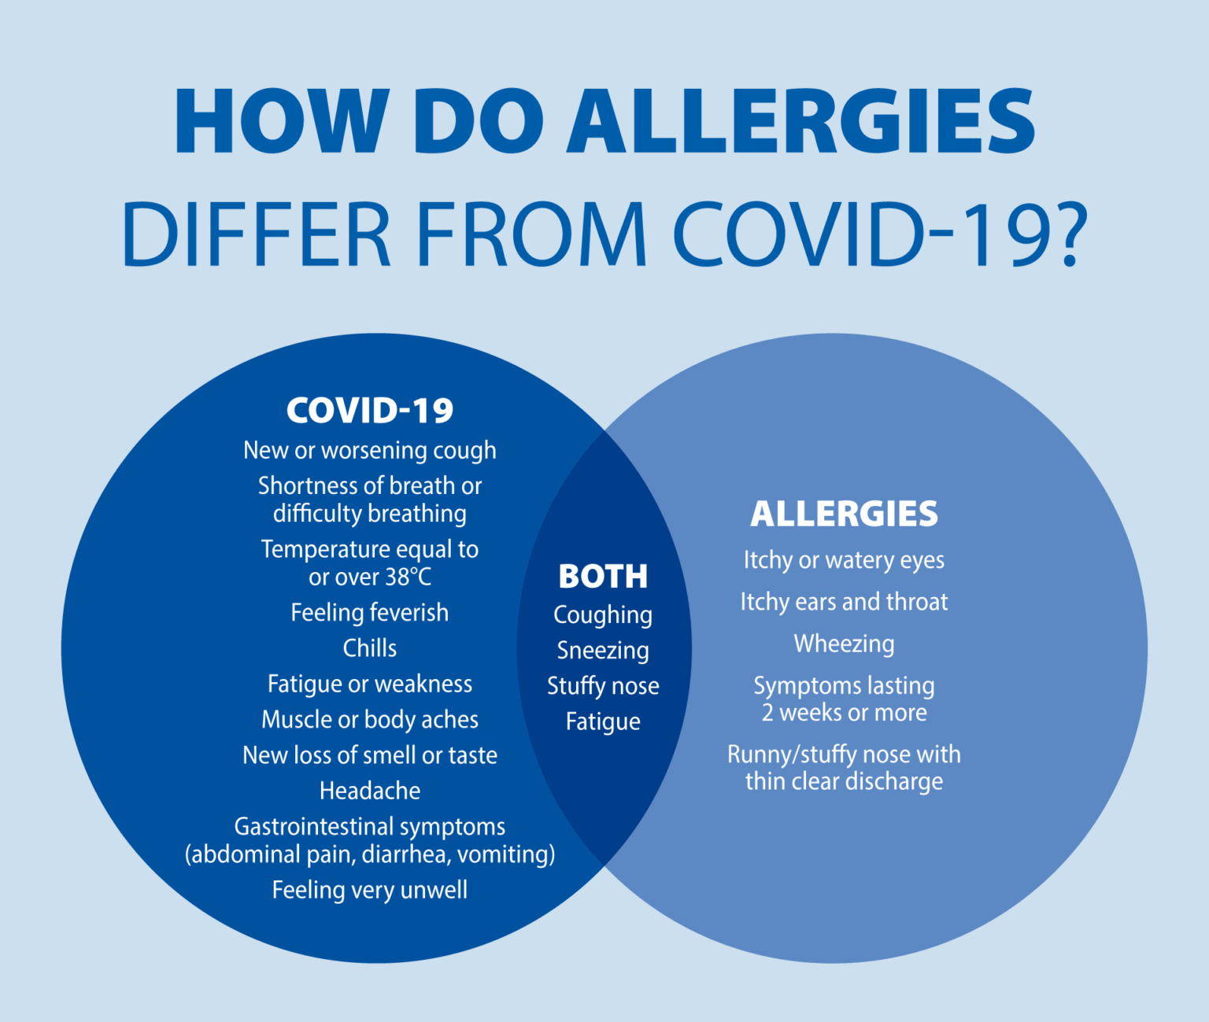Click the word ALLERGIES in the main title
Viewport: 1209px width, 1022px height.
coord(801,121)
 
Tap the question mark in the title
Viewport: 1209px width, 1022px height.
coord(1063,234)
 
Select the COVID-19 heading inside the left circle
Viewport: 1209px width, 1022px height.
coord(370,411)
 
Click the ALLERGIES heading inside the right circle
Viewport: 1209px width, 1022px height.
coord(844,514)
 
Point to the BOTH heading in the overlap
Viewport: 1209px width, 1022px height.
coord(603,577)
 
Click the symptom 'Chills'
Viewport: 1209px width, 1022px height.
coord(370,648)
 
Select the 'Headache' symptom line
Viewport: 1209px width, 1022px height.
coord(370,791)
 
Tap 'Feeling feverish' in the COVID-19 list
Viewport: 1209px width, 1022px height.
coord(370,613)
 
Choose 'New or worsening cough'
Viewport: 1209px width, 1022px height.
coord(370,451)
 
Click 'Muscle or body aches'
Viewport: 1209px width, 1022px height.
coord(370,720)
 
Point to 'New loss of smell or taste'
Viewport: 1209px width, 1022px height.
coord(370,755)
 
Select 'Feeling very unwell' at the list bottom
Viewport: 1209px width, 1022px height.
coord(370,890)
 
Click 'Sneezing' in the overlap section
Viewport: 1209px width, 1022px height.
coord(603,651)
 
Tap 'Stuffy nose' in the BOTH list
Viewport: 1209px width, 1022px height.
coord(603,686)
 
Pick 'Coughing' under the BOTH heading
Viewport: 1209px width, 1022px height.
coord(603,615)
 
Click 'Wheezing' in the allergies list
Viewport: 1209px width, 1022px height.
coord(844,644)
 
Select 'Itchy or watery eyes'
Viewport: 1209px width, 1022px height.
coord(844,560)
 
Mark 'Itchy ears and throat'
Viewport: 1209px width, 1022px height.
coord(844,602)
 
